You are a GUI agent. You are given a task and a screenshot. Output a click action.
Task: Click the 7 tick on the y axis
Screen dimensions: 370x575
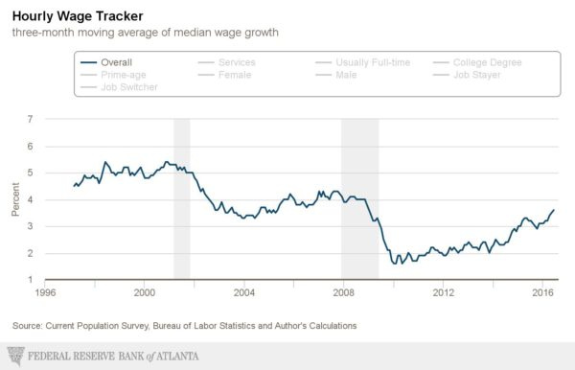(x=31, y=120)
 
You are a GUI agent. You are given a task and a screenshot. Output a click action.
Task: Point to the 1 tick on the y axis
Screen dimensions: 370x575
(x=31, y=280)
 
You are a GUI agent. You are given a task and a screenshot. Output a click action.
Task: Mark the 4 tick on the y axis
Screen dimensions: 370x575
(x=31, y=200)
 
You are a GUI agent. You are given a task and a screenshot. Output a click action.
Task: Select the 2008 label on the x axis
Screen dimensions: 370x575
(x=343, y=292)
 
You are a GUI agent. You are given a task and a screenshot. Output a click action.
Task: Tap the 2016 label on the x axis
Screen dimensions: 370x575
(x=542, y=292)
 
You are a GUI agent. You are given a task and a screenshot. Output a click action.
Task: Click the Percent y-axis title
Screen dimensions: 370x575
(x=14, y=200)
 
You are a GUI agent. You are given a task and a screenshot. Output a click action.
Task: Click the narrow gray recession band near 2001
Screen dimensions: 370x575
(x=181, y=199)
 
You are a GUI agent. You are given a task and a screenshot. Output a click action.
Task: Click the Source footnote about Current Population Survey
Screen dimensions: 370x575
(x=184, y=326)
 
